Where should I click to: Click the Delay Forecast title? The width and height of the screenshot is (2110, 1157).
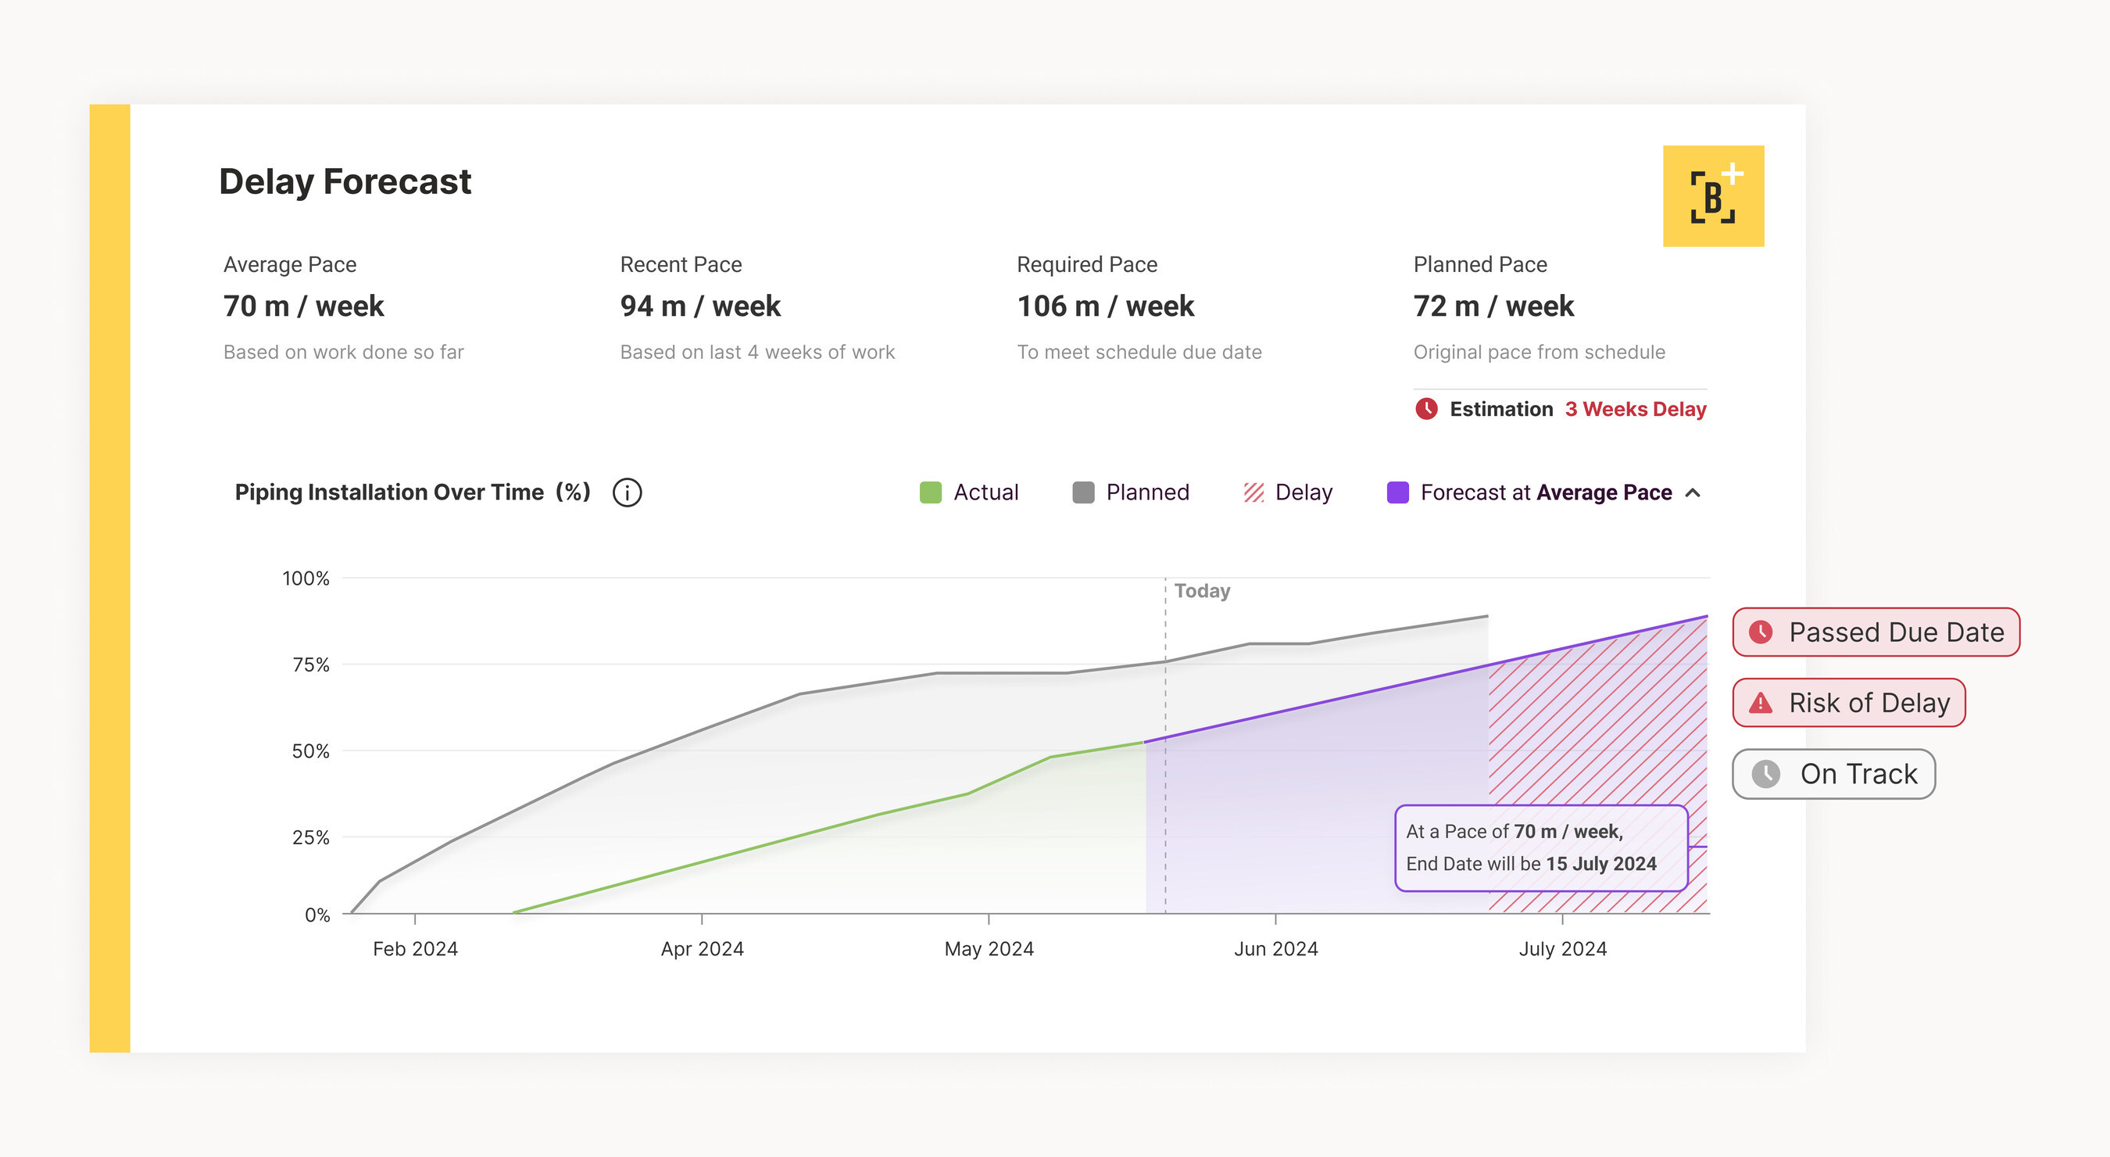pyautogui.click(x=345, y=181)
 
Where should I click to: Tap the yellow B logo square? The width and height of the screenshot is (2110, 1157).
pyautogui.click(x=1713, y=197)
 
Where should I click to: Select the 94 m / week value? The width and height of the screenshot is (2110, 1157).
pyautogui.click(x=700, y=306)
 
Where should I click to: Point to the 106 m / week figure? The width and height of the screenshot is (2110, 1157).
pyautogui.click(x=1105, y=306)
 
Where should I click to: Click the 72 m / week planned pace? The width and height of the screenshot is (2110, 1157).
pyautogui.click(x=1493, y=306)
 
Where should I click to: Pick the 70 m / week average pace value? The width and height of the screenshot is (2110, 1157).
pyautogui.click(x=303, y=306)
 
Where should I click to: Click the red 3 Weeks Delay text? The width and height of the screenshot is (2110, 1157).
pyautogui.click(x=1635, y=409)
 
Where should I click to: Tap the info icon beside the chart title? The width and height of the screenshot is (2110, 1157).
pyautogui.click(x=628, y=493)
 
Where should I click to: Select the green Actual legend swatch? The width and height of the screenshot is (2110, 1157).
pyautogui.click(x=931, y=493)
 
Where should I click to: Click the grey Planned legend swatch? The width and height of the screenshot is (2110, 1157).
pyautogui.click(x=1083, y=493)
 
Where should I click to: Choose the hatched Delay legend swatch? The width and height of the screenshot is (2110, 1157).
pyautogui.click(x=1253, y=493)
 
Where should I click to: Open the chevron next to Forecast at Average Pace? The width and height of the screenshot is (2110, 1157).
pyautogui.click(x=1693, y=493)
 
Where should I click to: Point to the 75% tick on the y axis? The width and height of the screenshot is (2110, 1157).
pyautogui.click(x=311, y=664)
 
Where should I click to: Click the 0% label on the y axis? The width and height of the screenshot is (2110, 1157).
pyautogui.click(x=317, y=915)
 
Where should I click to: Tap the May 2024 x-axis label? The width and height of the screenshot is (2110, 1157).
pyautogui.click(x=989, y=949)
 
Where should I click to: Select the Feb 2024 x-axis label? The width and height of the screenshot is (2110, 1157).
pyautogui.click(x=415, y=949)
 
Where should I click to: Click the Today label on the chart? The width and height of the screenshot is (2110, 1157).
pyautogui.click(x=1202, y=591)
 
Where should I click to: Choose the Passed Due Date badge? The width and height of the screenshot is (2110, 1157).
pyautogui.click(x=1876, y=632)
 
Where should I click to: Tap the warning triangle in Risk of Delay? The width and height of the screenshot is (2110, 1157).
pyautogui.click(x=1760, y=703)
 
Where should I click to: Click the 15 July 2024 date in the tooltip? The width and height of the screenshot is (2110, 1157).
pyautogui.click(x=1600, y=864)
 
